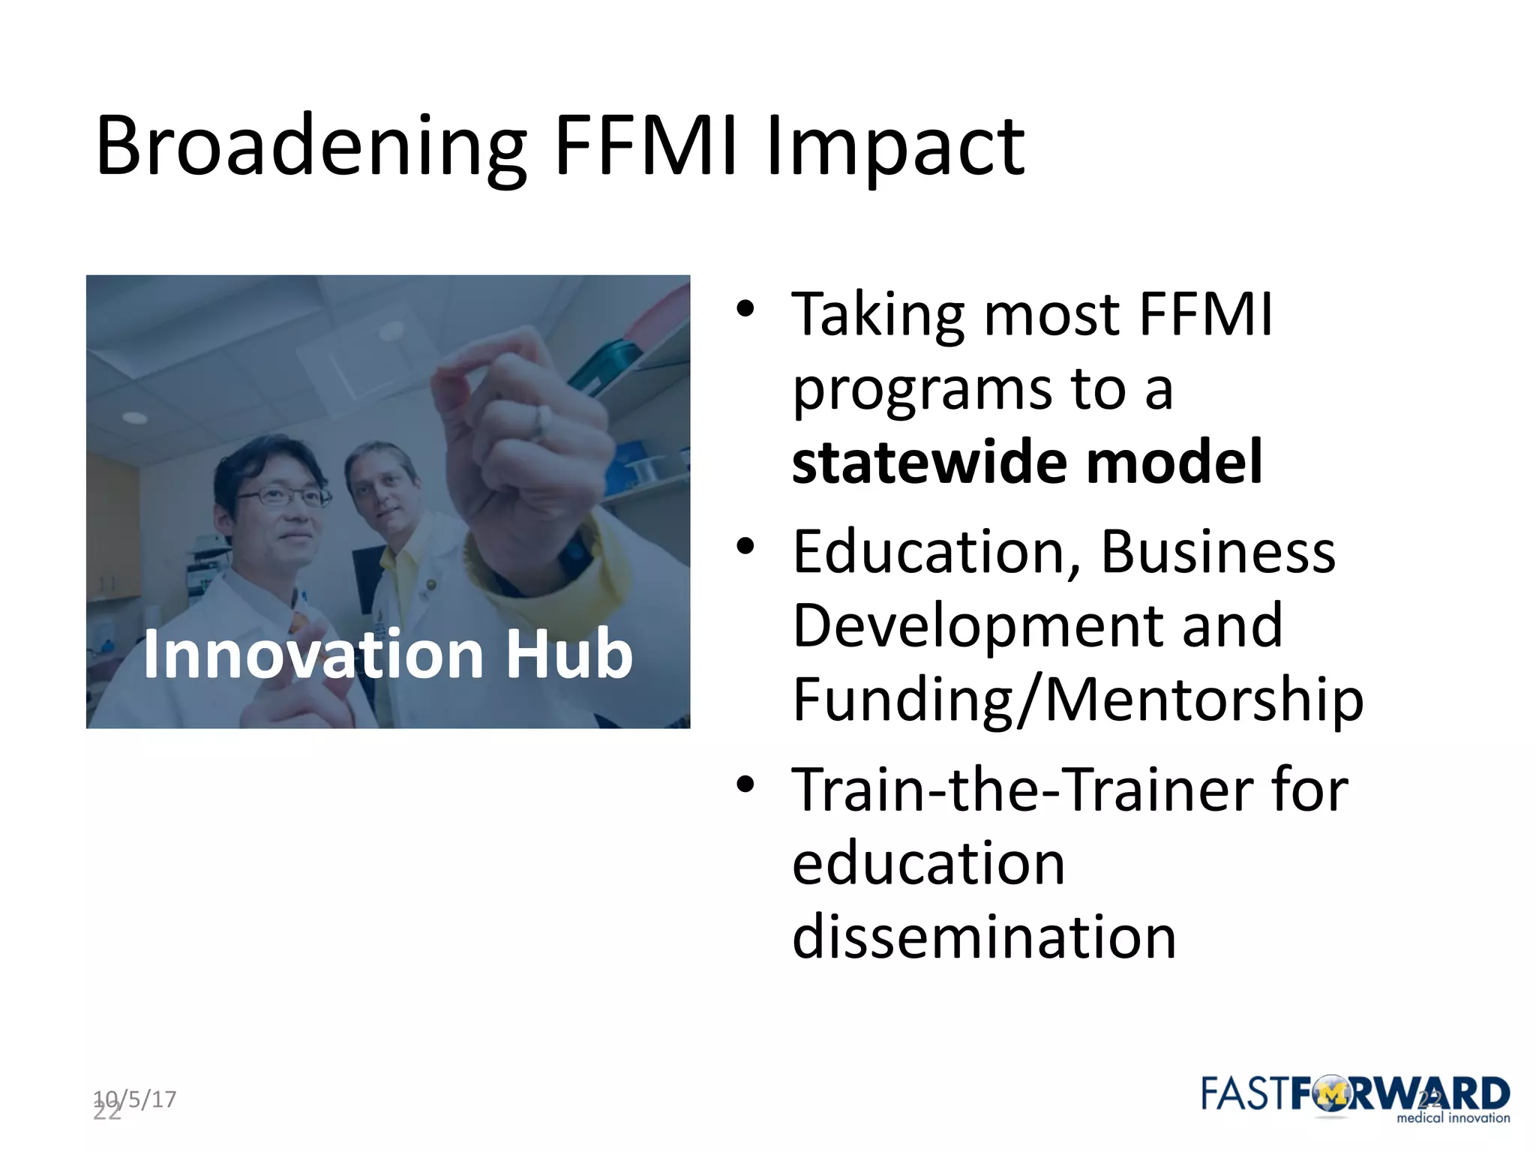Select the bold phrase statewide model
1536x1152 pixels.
click(x=1027, y=462)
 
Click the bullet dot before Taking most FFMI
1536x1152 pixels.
click(x=744, y=308)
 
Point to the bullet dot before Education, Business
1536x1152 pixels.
click(x=744, y=547)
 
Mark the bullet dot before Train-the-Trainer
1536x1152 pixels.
click(x=744, y=784)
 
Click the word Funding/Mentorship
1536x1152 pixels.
click(x=1077, y=699)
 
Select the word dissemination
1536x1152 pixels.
click(x=983, y=937)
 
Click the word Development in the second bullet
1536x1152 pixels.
click(x=975, y=625)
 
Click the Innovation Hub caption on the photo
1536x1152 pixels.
click(x=388, y=655)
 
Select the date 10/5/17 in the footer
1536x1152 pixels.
click(x=136, y=1099)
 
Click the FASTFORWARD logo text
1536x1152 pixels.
click(x=1354, y=1094)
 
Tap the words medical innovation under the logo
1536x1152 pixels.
click(x=1452, y=1118)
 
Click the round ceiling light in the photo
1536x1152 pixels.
click(x=135, y=417)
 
